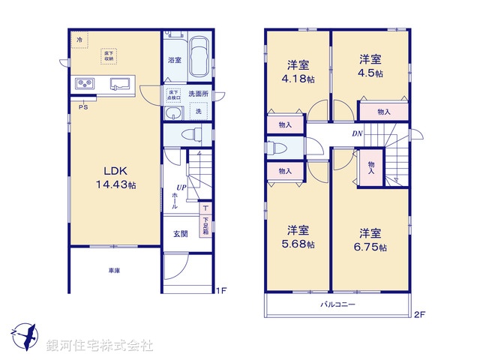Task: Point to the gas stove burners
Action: [x=83, y=83]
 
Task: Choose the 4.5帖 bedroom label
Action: [x=370, y=66]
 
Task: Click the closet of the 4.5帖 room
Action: [x=383, y=111]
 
